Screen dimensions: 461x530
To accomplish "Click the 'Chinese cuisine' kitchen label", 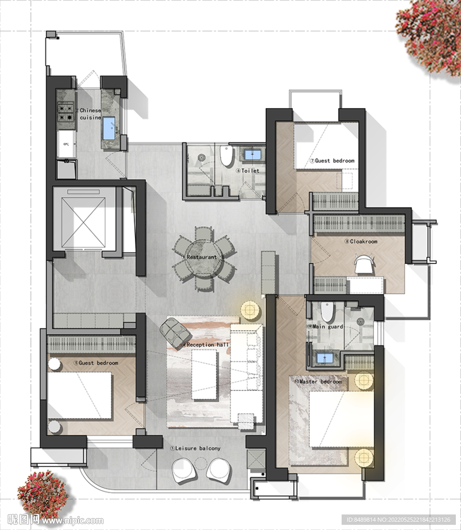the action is (90, 114).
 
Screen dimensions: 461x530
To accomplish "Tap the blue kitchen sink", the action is (109, 128).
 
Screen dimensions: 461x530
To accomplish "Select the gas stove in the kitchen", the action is (66, 112).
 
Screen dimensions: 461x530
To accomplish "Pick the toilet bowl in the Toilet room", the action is (227, 155).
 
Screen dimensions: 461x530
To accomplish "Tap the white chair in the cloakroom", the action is (364, 263).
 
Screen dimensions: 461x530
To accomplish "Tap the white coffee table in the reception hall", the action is (204, 375).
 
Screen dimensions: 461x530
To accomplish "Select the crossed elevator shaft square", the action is (83, 223).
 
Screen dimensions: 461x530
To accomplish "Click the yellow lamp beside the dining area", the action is (250, 311).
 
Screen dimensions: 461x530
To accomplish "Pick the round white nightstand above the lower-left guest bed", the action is (54, 365).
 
